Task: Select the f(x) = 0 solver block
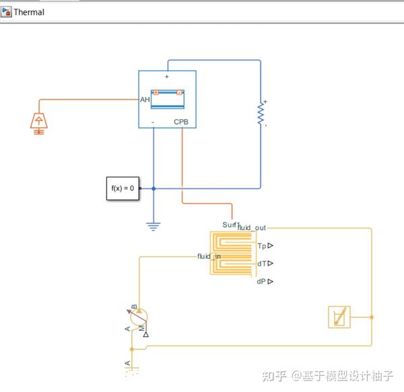coord(123,188)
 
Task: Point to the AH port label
coord(145,100)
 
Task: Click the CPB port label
coord(182,122)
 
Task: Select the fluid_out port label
coord(251,228)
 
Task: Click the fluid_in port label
coord(208,256)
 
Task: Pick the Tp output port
coord(265,246)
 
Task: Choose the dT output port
coord(265,264)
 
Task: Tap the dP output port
coord(265,282)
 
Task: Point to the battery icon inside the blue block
coord(168,98)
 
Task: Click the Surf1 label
coord(231,224)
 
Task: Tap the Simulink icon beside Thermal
coord(7,12)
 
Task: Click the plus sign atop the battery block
coord(167,77)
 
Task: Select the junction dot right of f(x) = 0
coord(154,188)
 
